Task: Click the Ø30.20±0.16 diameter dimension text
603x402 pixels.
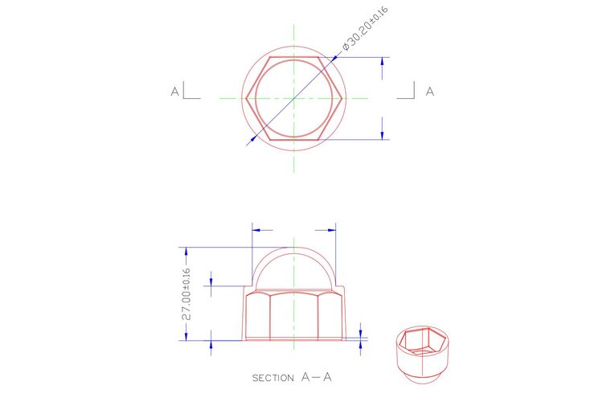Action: (x=365, y=29)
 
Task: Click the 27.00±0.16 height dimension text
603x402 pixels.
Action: (x=187, y=294)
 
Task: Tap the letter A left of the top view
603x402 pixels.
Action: (x=175, y=92)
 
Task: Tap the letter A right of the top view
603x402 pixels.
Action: (x=430, y=92)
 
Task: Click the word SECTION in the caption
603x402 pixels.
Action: (x=273, y=378)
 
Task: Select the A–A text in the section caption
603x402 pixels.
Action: (x=316, y=377)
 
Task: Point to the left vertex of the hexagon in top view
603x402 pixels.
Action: (x=246, y=98)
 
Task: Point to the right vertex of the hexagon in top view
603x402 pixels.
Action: (x=342, y=98)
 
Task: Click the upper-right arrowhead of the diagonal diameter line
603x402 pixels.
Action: (x=334, y=59)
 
